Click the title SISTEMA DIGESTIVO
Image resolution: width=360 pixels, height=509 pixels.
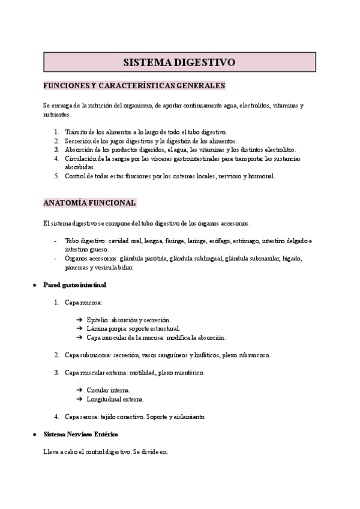[179, 62]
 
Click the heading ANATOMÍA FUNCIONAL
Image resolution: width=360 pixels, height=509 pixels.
[90, 202]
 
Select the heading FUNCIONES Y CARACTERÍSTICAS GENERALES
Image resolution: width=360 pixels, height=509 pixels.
[134, 86]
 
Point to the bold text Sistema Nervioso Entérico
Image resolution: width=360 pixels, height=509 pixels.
[80, 433]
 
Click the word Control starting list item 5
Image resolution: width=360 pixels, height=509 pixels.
[76, 176]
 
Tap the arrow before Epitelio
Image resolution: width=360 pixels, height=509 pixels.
[79, 320]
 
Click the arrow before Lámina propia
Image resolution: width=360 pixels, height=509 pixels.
[79, 329]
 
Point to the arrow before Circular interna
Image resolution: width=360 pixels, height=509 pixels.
[79, 390]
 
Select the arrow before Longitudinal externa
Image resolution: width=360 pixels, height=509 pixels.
[79, 399]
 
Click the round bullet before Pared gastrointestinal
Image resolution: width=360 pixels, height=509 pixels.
[34, 284]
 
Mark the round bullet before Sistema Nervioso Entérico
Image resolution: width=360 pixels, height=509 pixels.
[34, 433]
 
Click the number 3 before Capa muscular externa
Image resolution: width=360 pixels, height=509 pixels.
[56, 373]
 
